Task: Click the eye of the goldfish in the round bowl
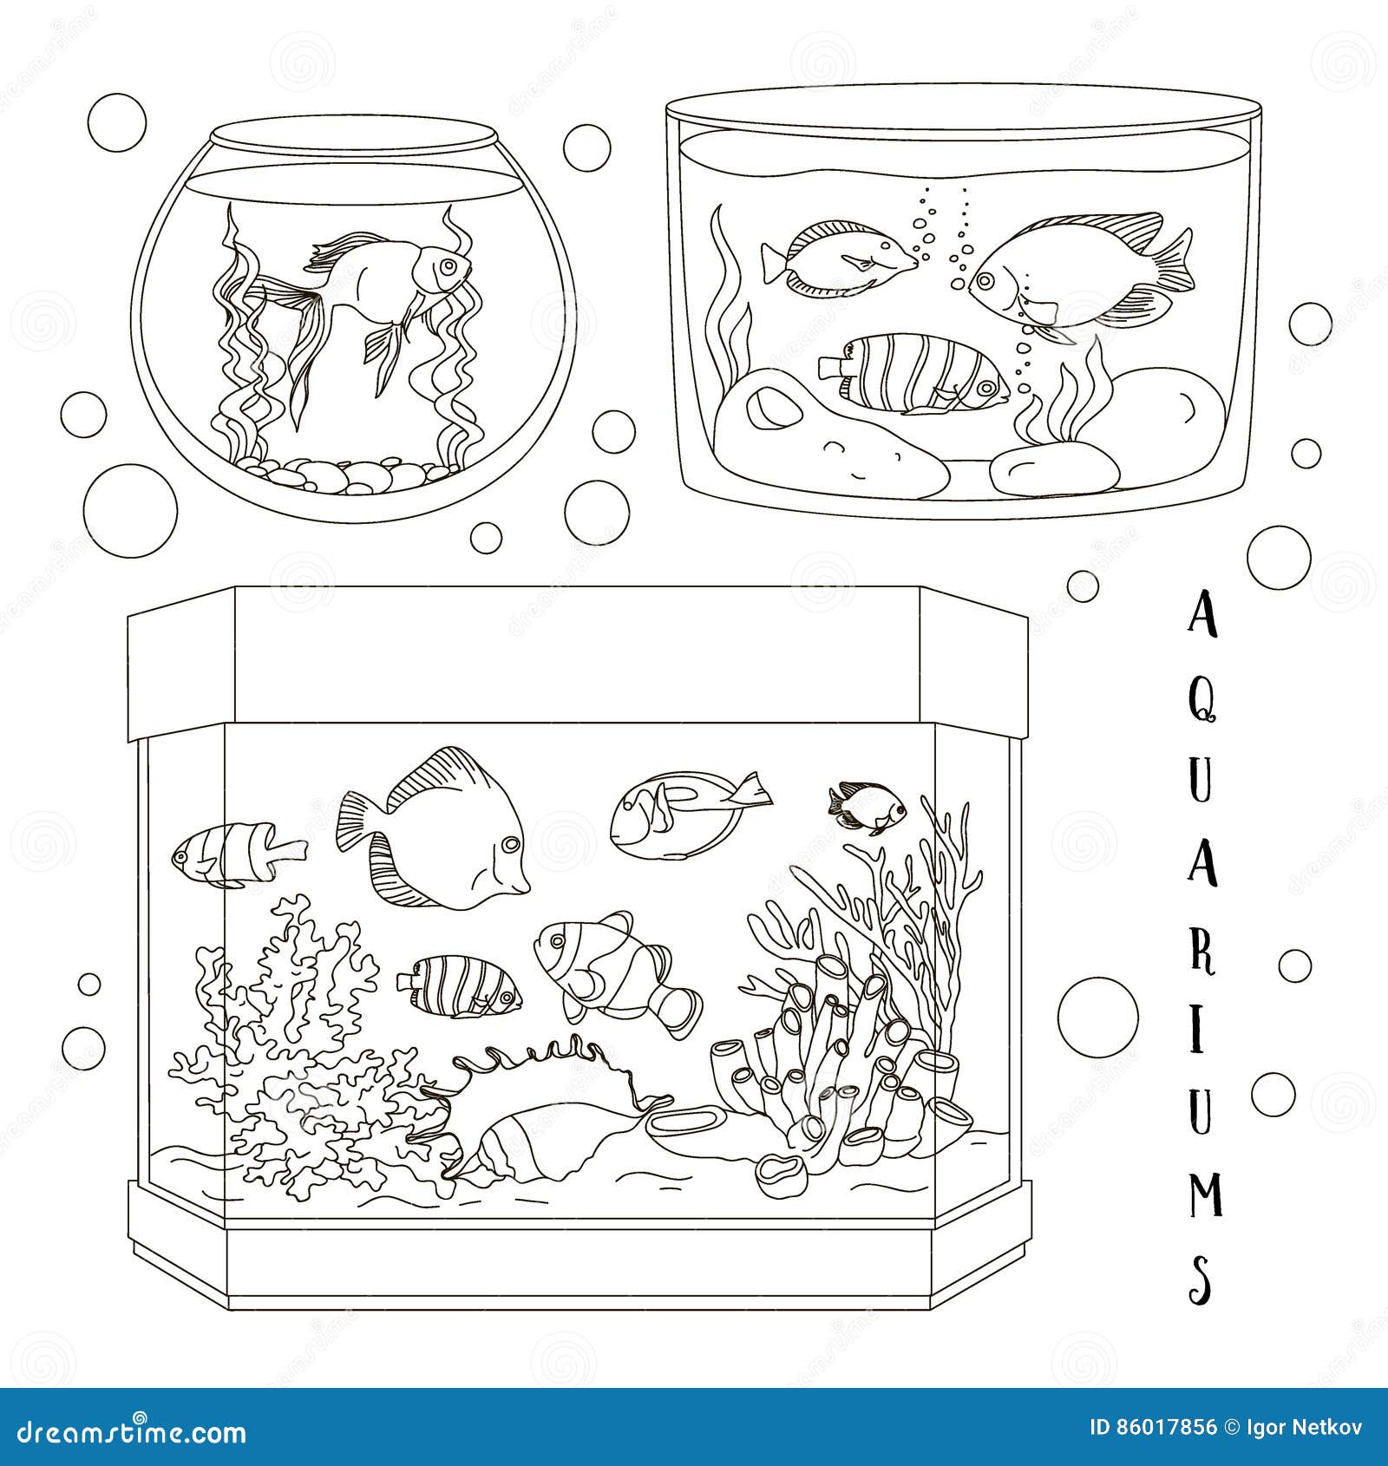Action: (x=448, y=265)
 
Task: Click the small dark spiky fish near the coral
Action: (x=867, y=807)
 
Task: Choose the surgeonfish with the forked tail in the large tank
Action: (x=691, y=815)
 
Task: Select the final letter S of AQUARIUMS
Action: (x=1202, y=1275)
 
